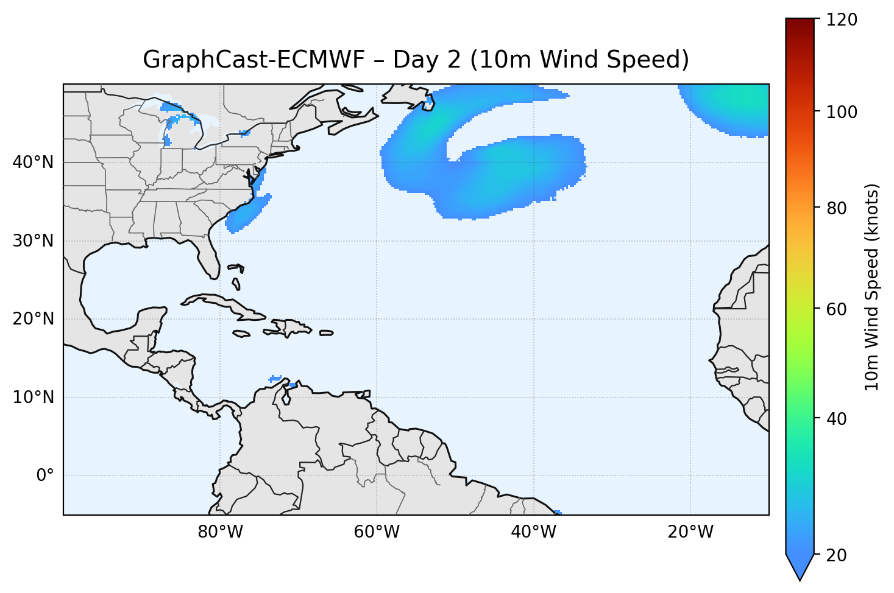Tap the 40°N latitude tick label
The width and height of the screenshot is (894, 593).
point(33,163)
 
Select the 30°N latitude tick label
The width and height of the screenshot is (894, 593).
point(33,241)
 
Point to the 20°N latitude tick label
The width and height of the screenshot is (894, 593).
point(33,319)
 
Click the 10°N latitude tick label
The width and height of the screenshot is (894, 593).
point(33,398)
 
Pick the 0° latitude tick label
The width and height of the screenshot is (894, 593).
point(45,475)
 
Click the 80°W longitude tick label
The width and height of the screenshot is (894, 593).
point(220,532)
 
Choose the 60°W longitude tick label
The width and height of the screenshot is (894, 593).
point(377,532)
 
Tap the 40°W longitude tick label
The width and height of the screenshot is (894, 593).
point(533,532)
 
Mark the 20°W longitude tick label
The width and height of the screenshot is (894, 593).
point(690,532)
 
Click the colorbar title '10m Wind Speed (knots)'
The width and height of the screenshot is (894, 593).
point(872,287)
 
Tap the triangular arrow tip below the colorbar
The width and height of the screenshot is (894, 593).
point(800,569)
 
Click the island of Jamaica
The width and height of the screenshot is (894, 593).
point(241,334)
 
